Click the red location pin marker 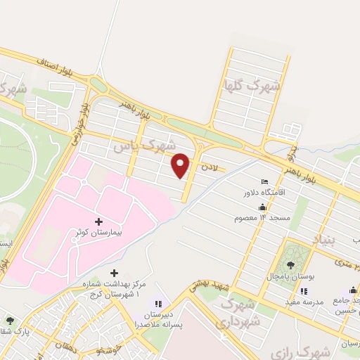coord(181,166)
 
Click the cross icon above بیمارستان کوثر coord(98,220)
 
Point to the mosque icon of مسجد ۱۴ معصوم coord(262,207)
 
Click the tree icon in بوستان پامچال coord(290,265)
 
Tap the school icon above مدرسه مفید coord(304,291)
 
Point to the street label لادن coord(210,167)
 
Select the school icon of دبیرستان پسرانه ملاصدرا coord(158,304)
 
